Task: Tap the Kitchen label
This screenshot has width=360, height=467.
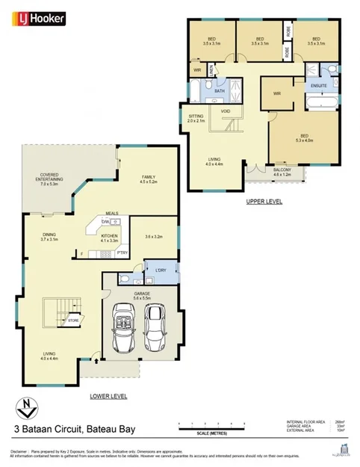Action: click(x=110, y=239)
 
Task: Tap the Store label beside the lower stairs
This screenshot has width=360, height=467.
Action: click(x=73, y=321)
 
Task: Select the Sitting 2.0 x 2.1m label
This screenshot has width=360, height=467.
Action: click(x=196, y=119)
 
